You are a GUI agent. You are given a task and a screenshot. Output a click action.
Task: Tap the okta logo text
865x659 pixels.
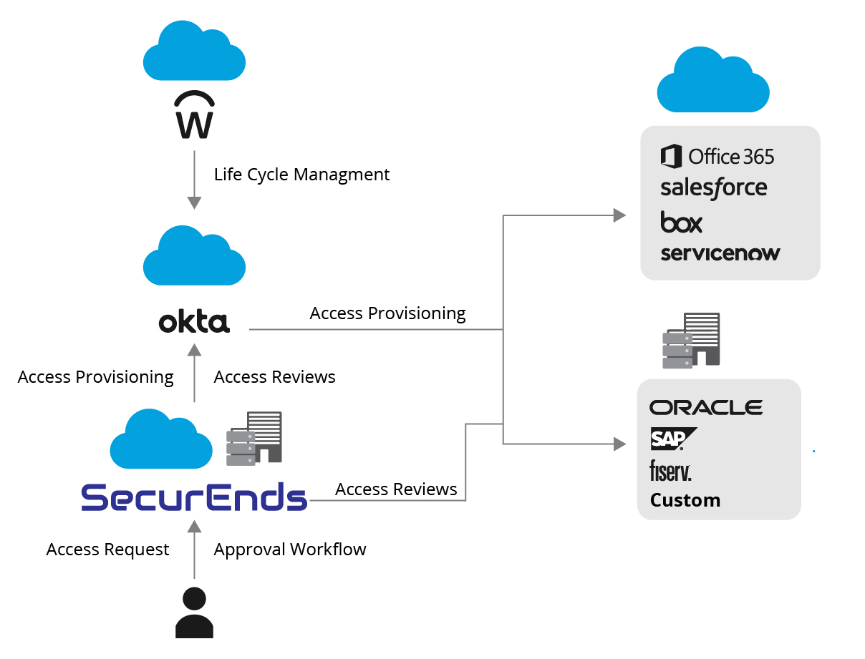click(194, 322)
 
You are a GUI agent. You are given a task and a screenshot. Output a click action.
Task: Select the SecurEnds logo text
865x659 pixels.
click(194, 497)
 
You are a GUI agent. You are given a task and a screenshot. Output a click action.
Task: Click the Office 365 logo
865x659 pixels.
click(717, 156)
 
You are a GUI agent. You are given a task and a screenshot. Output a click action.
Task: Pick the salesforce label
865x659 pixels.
click(713, 188)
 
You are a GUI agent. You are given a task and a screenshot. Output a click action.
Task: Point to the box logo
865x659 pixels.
click(681, 222)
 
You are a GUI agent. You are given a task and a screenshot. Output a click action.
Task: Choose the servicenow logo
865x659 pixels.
click(720, 253)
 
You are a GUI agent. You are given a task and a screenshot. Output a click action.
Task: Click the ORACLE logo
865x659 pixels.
click(706, 408)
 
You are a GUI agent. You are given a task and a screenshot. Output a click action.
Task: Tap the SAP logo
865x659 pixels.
click(672, 439)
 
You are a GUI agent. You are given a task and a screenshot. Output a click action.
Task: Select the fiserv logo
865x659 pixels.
click(670, 470)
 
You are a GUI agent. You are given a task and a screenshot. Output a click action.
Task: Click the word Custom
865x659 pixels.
click(685, 500)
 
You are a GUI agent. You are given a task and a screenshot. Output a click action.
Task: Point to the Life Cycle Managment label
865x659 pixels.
click(301, 175)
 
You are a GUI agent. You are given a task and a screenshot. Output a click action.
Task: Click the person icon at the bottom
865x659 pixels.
click(194, 612)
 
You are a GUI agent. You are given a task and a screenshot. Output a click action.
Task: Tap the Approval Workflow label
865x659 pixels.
click(290, 550)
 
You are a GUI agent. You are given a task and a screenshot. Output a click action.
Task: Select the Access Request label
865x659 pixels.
click(108, 550)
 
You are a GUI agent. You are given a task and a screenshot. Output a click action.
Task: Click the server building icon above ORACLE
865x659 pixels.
click(691, 341)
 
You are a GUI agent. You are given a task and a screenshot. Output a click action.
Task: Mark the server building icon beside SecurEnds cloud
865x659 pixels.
click(254, 438)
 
